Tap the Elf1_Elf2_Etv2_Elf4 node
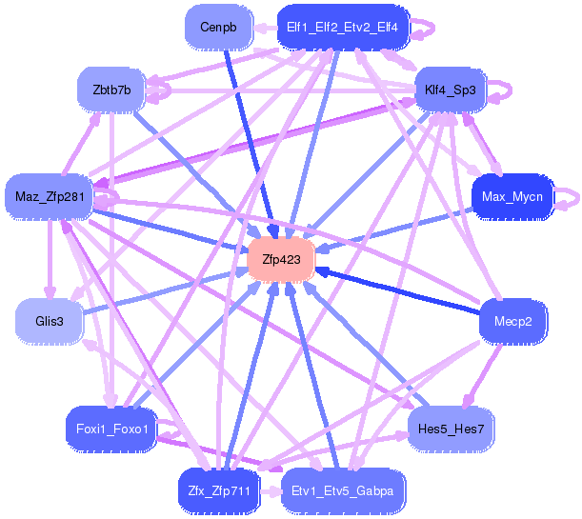pos(342,28)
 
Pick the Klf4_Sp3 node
pos(452,90)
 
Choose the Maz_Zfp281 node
pos(50,197)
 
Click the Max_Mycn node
pos(512,197)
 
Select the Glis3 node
pos(49,321)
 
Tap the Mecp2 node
pos(512,321)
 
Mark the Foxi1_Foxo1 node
pos(110,429)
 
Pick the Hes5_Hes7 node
pos(451,429)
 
